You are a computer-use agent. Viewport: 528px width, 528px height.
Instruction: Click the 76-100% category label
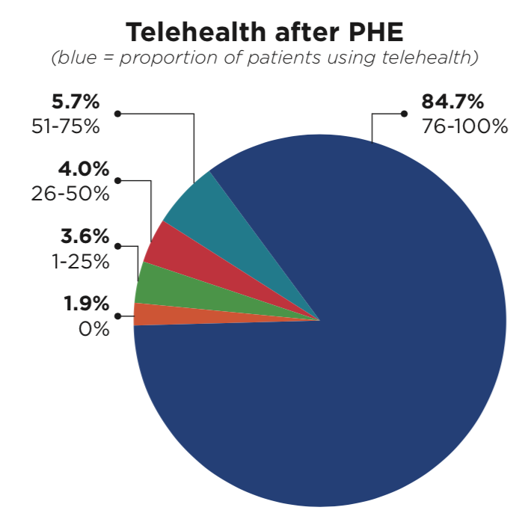pyautogui.click(x=464, y=125)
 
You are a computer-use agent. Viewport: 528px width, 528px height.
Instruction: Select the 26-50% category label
pyautogui.click(x=70, y=193)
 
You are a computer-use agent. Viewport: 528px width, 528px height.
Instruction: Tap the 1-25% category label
pyautogui.click(x=74, y=261)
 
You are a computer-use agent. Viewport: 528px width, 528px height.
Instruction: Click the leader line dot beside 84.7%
pyautogui.click(x=404, y=114)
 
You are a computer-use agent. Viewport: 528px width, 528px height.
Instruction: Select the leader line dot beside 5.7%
pyautogui.click(x=117, y=114)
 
